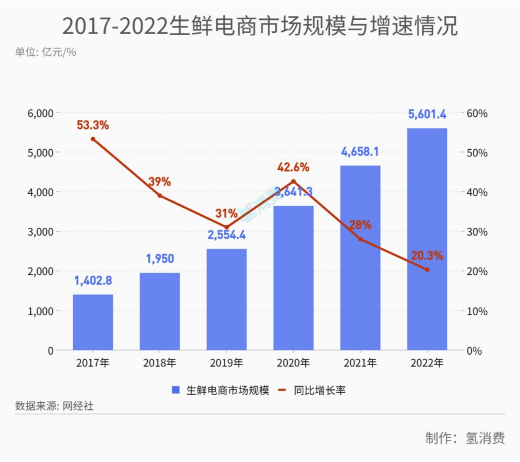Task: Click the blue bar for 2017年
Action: [92, 322]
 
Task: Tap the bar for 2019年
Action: [226, 299]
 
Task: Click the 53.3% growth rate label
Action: [93, 125]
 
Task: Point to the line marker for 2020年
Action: [294, 181]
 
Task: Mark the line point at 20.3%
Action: [427, 269]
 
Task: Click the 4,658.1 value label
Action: [360, 152]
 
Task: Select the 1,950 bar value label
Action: [159, 259]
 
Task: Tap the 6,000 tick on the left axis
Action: [39, 114]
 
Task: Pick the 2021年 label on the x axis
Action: [360, 363]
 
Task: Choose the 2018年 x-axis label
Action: [159, 363]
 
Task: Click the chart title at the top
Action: [260, 26]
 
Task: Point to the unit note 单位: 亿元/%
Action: [46, 52]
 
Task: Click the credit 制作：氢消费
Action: [465, 438]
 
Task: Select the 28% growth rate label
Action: [360, 225]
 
